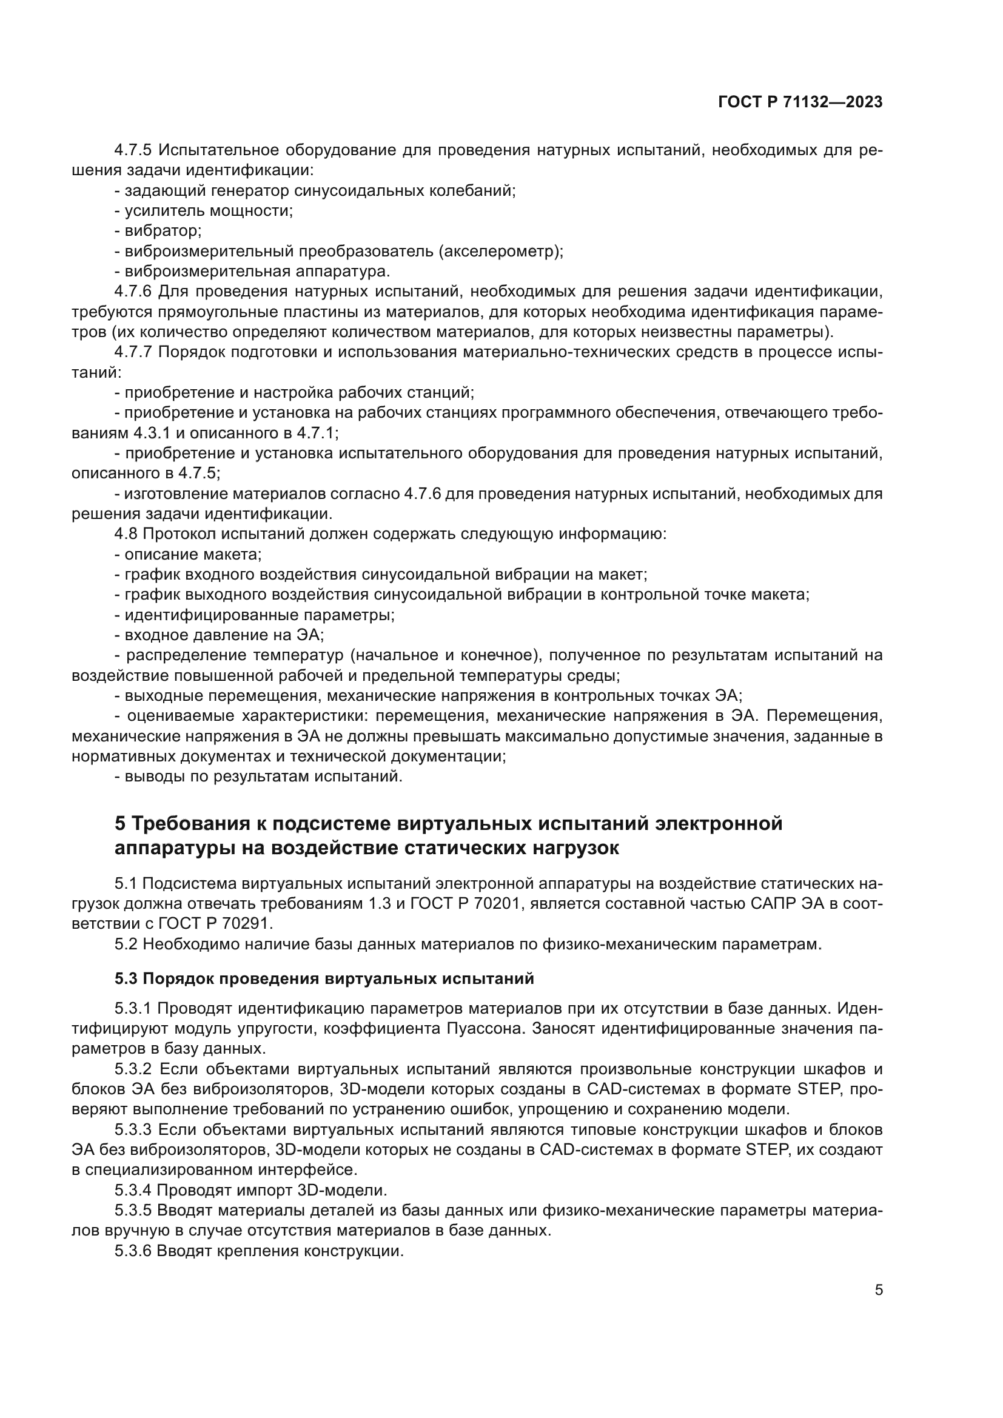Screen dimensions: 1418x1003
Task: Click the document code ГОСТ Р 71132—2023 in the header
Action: (x=800, y=102)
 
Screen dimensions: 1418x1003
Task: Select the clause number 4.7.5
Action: (x=133, y=150)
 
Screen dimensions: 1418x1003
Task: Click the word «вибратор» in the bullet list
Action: (x=163, y=231)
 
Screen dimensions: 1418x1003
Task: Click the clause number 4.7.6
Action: (x=133, y=292)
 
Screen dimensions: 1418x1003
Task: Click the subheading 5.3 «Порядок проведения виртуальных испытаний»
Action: (x=324, y=979)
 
